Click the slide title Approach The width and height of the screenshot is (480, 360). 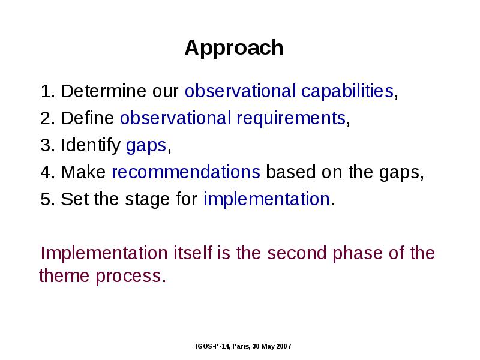234,49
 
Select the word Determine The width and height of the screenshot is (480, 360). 104,91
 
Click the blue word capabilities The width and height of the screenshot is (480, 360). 347,92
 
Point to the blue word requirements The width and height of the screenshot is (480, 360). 291,119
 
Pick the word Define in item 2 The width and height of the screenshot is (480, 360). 88,118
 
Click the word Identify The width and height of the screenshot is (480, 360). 91,145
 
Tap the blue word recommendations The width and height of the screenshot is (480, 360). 186,172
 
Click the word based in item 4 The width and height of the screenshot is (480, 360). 291,172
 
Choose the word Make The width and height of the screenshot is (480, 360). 83,172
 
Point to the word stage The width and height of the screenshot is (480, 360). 147,200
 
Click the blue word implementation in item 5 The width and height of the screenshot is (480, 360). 266,200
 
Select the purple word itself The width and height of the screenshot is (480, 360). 193,253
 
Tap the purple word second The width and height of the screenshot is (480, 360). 296,253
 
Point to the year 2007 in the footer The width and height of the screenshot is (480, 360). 284,346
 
